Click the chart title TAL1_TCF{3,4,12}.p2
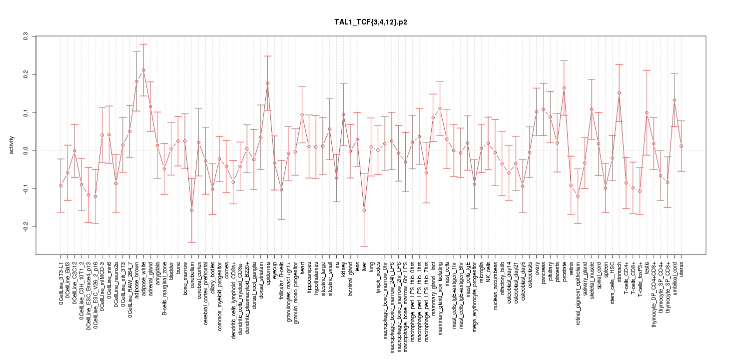tap(371, 22)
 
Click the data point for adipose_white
tap(143, 70)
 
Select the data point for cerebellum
tap(191, 210)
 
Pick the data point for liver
tap(364, 210)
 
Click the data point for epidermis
tap(267, 83)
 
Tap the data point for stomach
tap(619, 93)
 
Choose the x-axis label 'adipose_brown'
tap(137, 278)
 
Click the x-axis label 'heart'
tap(302, 267)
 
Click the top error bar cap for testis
tap(647, 70)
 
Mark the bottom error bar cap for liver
tap(364, 246)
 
